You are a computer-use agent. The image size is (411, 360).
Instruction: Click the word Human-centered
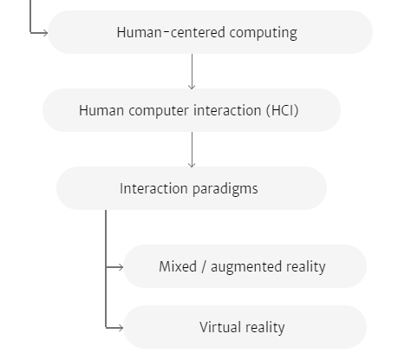pyautogui.click(x=171, y=32)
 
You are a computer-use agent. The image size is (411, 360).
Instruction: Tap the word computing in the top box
pyautogui.click(x=264, y=33)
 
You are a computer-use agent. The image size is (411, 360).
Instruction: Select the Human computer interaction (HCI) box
pyautogui.click(x=192, y=110)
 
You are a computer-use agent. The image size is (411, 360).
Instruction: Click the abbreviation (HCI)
pyautogui.click(x=283, y=110)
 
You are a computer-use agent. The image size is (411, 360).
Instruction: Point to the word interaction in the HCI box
pyautogui.click(x=227, y=110)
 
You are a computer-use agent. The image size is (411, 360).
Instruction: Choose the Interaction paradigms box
pyautogui.click(x=192, y=188)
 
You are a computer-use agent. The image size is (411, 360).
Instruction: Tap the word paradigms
pyautogui.click(x=225, y=189)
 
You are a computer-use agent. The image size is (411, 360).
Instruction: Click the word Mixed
pyautogui.click(x=178, y=266)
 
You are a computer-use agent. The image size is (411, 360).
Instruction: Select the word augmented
pyautogui.click(x=246, y=267)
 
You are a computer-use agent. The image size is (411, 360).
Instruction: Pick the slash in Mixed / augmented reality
pyautogui.click(x=204, y=266)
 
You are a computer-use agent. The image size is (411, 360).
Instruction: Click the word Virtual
pyautogui.click(x=220, y=327)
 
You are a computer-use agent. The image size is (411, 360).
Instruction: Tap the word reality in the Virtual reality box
pyautogui.click(x=265, y=328)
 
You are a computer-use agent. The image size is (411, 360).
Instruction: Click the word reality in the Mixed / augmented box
pyautogui.click(x=306, y=267)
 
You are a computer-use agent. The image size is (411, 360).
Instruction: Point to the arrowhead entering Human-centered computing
pyautogui.click(x=44, y=33)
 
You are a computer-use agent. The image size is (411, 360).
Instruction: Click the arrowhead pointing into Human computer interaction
pyautogui.click(x=192, y=86)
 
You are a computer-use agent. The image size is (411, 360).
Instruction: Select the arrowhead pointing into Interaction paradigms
pyautogui.click(x=192, y=164)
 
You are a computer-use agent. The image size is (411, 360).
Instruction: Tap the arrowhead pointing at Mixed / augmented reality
pyautogui.click(x=120, y=267)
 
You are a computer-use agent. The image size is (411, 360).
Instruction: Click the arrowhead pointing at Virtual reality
pyautogui.click(x=120, y=328)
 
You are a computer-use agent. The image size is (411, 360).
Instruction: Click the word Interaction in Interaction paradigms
pyautogui.click(x=153, y=188)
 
